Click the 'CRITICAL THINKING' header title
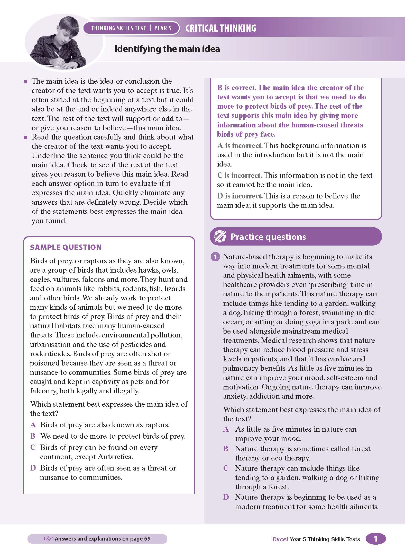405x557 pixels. (x=221, y=28)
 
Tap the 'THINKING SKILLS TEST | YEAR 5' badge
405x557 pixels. (x=131, y=28)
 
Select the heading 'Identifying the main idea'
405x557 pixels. (x=167, y=49)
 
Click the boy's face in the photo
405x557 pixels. (x=68, y=33)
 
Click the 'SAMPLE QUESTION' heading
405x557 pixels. (x=66, y=247)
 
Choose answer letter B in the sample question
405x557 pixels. (x=33, y=436)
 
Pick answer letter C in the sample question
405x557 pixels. (x=33, y=447)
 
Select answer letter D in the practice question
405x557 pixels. (x=226, y=497)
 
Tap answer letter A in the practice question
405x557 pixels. (x=226, y=429)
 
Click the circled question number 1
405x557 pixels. (x=215, y=257)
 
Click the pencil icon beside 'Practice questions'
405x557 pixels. (x=220, y=236)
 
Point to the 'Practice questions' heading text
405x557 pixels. (x=268, y=237)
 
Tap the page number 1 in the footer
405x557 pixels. (x=375, y=539)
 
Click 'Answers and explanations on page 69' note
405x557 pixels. (x=103, y=538)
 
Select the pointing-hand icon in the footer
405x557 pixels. (x=49, y=538)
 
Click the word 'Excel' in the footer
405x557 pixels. (x=280, y=539)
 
